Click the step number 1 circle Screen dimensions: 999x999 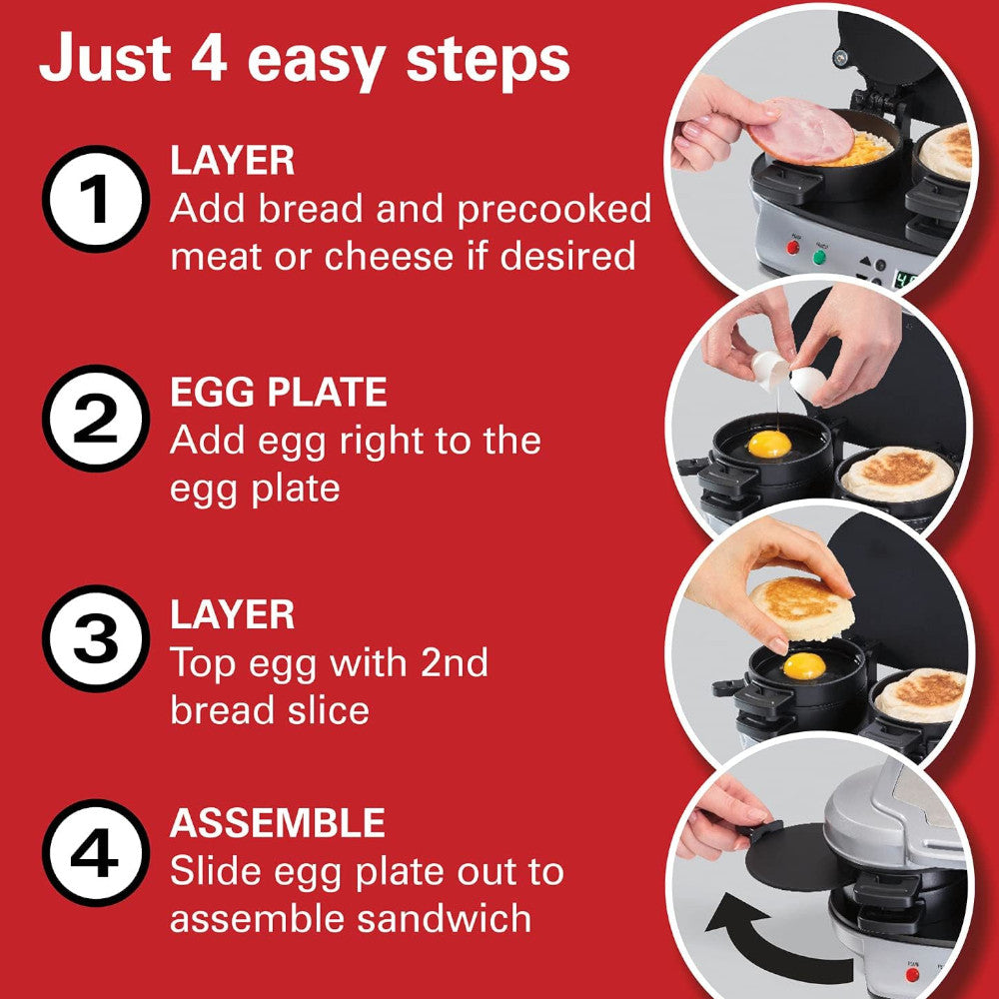(95, 200)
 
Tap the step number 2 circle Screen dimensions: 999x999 (95, 420)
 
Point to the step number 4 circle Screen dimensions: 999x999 (95, 854)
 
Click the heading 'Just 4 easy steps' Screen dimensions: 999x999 (304, 60)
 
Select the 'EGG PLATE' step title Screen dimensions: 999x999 (278, 393)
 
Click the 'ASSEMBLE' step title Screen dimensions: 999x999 (277, 823)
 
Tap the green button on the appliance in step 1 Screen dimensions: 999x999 (819, 256)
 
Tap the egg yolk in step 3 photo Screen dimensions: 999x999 (804, 665)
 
